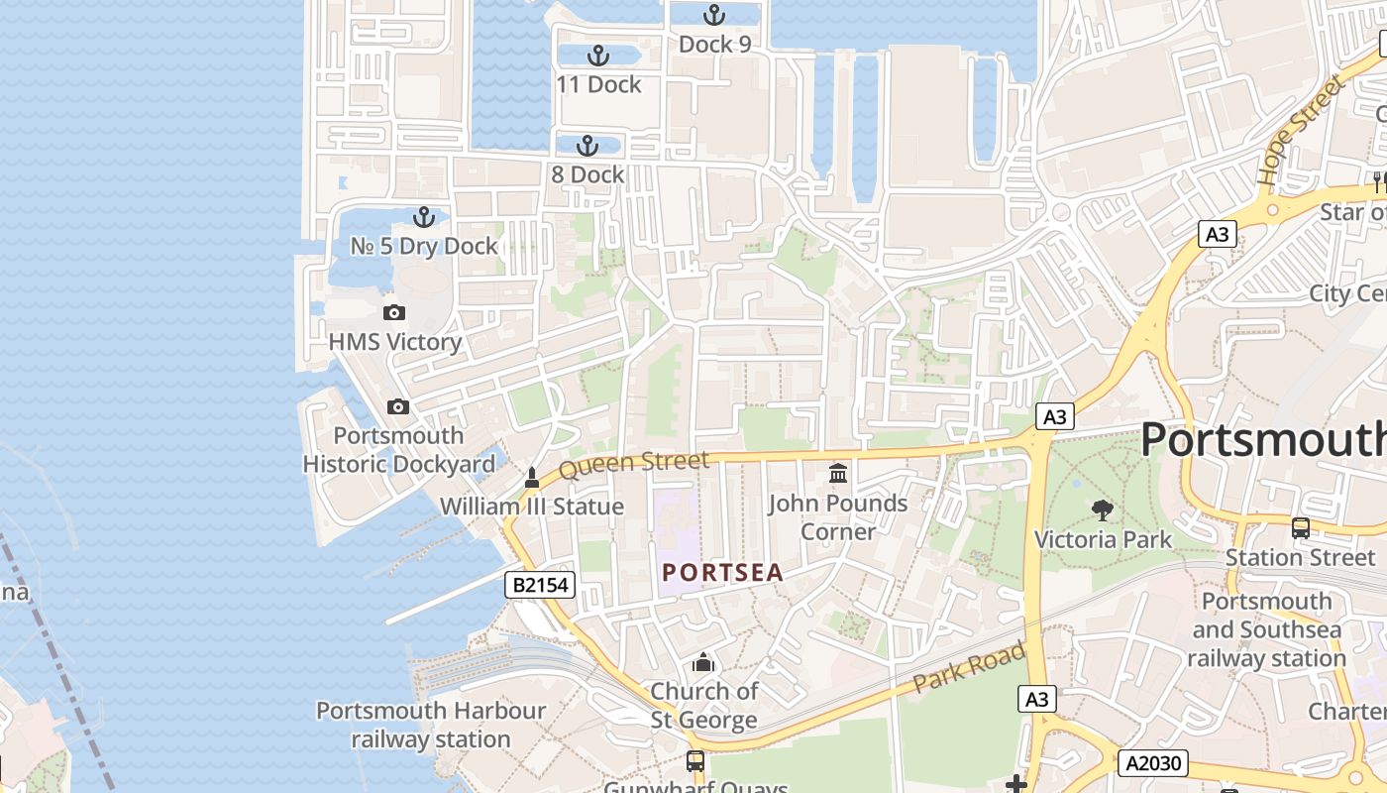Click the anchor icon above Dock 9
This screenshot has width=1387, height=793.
pos(713,15)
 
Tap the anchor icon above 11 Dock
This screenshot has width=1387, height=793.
pos(597,56)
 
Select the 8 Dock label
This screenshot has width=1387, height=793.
pos(588,174)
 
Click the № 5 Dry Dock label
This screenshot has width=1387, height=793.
pos(424,246)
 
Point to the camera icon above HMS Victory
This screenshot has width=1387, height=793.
pos(394,313)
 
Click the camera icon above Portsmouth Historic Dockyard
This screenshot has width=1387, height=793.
pos(398,407)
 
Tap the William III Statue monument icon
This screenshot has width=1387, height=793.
pos(532,478)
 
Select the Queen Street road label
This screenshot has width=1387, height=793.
pos(634,464)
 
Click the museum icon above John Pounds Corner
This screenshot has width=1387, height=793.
pos(838,474)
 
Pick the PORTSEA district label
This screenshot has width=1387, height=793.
pos(723,572)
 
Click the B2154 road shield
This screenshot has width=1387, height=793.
pos(540,585)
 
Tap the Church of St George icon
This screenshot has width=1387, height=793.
pos(703,662)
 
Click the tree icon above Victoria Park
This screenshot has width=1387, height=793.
pos(1102,510)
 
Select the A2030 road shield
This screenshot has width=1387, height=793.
pos(1152,762)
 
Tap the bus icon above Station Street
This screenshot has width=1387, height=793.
pos(1301,528)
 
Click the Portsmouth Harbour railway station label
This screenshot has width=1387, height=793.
pos(431,725)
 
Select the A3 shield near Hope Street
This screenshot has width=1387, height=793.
pos(1218,234)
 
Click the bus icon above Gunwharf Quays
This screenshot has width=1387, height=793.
pos(695,761)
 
